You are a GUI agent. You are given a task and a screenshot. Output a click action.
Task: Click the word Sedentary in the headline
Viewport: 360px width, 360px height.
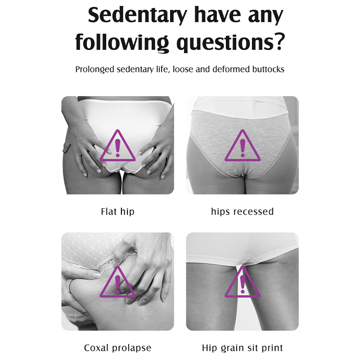[x=138, y=15]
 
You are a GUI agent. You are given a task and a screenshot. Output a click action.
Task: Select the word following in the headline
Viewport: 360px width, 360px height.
[x=122, y=43]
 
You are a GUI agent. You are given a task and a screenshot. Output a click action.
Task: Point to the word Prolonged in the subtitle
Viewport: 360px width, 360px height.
[x=94, y=69]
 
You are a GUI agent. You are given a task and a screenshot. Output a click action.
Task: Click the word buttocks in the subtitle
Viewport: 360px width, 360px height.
[x=268, y=69]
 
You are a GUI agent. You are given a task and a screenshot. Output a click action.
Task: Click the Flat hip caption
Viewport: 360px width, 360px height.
[x=117, y=211]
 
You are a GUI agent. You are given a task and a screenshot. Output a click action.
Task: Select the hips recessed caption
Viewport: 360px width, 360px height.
[x=242, y=211]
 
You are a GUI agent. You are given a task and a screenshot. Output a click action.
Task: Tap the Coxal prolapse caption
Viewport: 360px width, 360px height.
[x=117, y=348]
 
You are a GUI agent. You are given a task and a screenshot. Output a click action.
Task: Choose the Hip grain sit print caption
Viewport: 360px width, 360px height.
[x=242, y=348]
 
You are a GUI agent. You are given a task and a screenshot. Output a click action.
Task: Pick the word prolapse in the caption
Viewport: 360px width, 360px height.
[x=132, y=348]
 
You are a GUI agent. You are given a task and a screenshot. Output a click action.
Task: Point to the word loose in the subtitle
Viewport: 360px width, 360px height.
[x=183, y=69]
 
